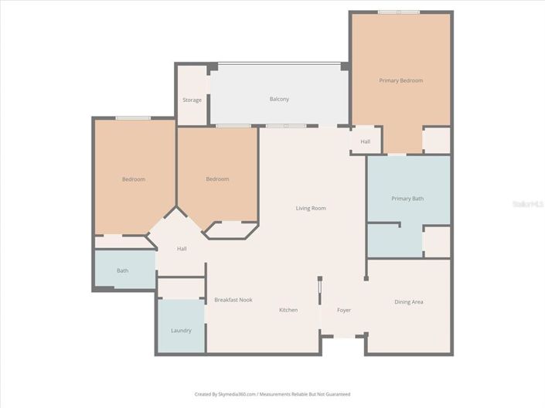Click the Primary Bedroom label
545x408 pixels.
400,80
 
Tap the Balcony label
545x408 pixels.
279,100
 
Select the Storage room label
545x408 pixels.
192,100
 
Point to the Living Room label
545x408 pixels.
311,208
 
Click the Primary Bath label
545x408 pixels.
407,199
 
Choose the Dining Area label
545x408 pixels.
408,302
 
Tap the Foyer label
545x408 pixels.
344,310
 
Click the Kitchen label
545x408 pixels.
288,310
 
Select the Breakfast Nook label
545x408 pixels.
233,300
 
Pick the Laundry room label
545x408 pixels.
181,330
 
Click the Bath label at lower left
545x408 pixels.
122,270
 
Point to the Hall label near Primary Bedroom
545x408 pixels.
365,141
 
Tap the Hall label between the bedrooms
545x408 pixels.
182,249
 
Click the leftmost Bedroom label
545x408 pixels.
133,179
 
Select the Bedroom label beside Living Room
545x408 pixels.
217,179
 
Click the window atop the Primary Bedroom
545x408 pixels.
399,12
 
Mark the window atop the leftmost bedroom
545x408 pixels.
133,117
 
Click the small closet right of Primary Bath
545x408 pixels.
437,241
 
